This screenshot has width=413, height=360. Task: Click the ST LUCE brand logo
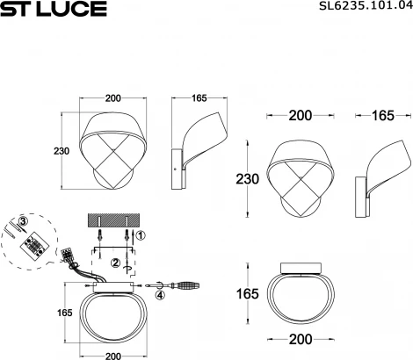[x=54, y=10]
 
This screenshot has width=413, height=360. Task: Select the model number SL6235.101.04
[x=363, y=9]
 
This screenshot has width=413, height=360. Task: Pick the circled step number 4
[x=160, y=295]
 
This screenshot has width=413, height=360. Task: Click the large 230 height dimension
[x=248, y=179]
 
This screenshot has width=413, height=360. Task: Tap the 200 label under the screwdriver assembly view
[x=112, y=356]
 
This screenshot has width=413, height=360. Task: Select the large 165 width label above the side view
[x=383, y=115]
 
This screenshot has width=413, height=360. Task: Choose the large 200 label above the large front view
[x=301, y=115]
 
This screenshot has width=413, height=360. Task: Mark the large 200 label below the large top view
[x=301, y=337]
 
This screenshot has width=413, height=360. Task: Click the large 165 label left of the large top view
[x=248, y=293]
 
